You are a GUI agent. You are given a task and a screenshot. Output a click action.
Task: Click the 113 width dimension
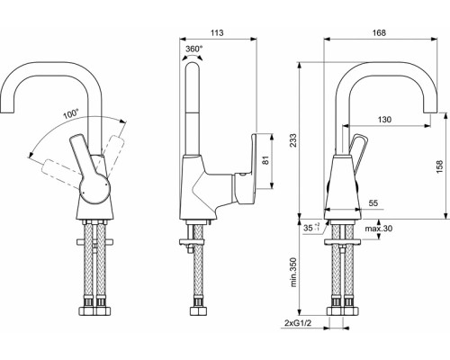pyautogui.click(x=217, y=32)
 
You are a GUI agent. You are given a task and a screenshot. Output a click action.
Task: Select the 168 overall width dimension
pyautogui.click(x=379, y=32)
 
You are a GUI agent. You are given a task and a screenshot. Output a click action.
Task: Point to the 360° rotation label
pyautogui.click(x=193, y=49)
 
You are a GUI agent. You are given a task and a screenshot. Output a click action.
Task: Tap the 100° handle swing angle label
pyautogui.click(x=70, y=114)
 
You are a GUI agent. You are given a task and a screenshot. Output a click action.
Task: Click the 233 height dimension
pyautogui.click(x=293, y=140)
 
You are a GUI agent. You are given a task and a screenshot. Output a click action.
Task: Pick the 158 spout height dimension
pyautogui.click(x=439, y=166)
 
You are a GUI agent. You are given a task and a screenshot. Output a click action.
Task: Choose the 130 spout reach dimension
pyautogui.click(x=384, y=120)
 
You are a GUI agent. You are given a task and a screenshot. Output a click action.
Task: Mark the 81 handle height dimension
pyautogui.click(x=266, y=160)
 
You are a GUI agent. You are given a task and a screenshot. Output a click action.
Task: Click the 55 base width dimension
pyautogui.click(x=373, y=203)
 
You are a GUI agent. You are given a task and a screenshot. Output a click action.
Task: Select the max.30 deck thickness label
pyautogui.click(x=379, y=229)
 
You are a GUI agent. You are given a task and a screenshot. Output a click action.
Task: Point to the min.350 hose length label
pyautogui.click(x=293, y=272)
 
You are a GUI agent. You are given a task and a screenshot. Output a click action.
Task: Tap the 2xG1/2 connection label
pyautogui.click(x=298, y=323)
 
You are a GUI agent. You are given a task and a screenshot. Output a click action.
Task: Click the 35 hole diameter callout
pyautogui.click(x=311, y=228)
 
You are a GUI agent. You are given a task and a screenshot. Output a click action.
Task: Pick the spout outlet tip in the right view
pyautogui.click(x=430, y=112)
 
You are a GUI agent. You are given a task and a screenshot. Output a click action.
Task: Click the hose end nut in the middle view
pyautogui.click(x=198, y=310)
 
